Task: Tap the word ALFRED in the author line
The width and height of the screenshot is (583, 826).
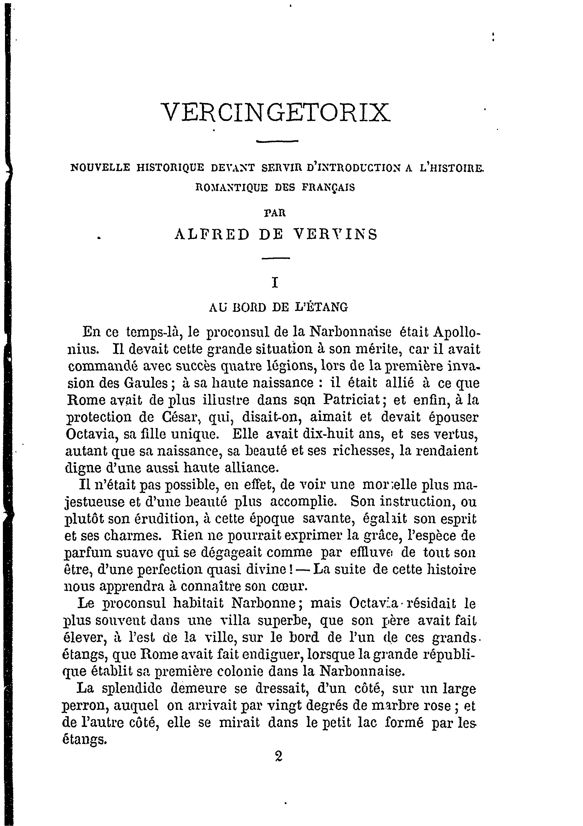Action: [212, 234]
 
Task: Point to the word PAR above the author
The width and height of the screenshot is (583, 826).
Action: [275, 213]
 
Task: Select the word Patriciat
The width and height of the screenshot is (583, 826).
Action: [351, 400]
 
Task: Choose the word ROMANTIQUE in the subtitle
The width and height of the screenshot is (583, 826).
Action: [232, 187]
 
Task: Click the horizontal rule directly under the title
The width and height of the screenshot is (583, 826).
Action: [277, 141]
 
